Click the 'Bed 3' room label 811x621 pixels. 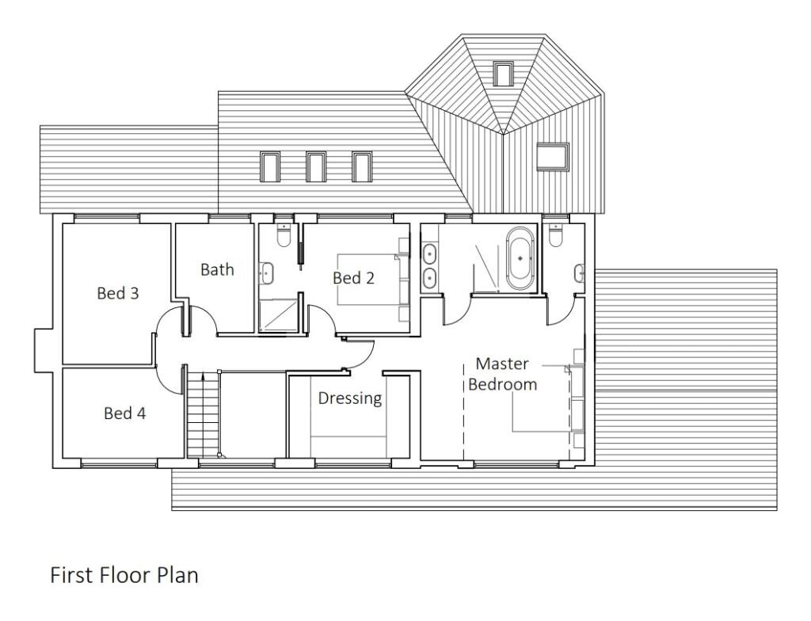[117, 293]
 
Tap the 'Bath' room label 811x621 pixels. [216, 269]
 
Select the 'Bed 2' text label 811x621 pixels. [353, 278]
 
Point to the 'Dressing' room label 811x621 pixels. [350, 398]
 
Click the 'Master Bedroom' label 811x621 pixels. [503, 374]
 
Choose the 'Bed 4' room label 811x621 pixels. [124, 413]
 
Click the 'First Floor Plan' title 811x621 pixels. [124, 574]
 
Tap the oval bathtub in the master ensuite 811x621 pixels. [520, 258]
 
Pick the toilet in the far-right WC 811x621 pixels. [555, 235]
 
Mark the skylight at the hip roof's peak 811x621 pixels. [503, 74]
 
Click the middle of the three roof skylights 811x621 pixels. [315, 166]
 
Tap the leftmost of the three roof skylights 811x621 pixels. [269, 166]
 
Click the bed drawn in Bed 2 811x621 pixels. [371, 280]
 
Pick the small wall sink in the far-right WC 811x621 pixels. [581, 273]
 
